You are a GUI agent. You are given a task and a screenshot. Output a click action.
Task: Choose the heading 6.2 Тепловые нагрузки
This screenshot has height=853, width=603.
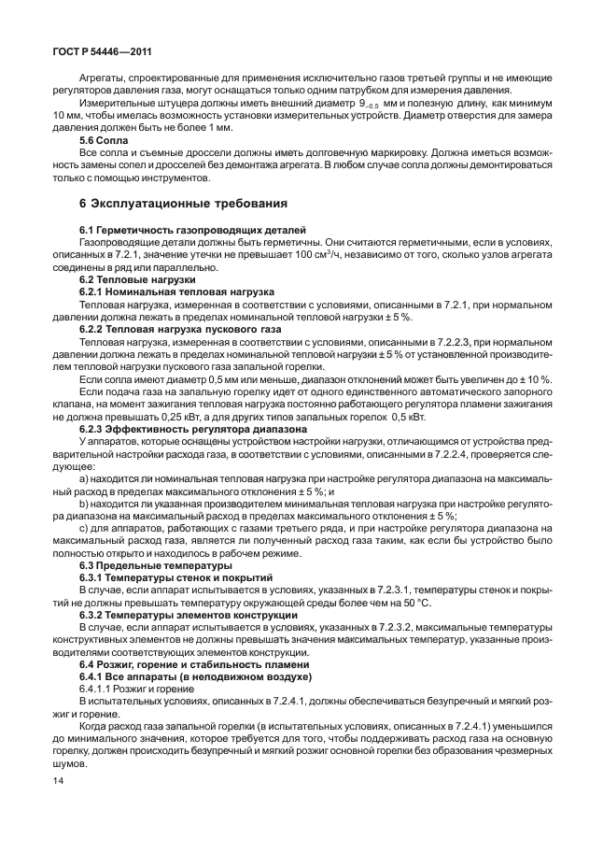coord(137,278)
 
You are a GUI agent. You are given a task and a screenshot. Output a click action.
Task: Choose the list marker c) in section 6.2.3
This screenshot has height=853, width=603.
coord(85,530)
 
